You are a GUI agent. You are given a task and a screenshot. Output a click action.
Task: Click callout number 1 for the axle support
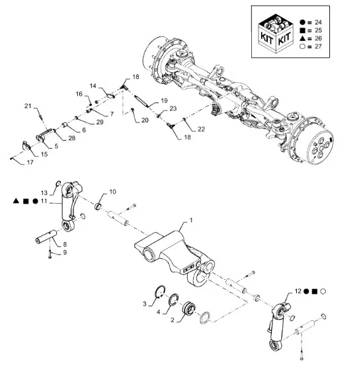(191, 220)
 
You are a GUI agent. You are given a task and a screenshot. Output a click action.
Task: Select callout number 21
(28, 106)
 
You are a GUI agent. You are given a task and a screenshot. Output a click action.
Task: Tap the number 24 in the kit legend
(318, 22)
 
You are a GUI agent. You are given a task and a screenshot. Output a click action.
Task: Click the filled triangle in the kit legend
(302, 38)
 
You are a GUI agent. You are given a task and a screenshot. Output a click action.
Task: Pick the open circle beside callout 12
(323, 291)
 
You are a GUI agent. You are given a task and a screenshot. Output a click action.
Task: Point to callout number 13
(44, 193)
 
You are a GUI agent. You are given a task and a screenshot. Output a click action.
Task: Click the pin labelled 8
(46, 237)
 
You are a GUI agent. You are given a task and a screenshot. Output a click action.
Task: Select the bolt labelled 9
(50, 255)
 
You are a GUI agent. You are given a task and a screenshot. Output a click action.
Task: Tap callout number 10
(112, 192)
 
